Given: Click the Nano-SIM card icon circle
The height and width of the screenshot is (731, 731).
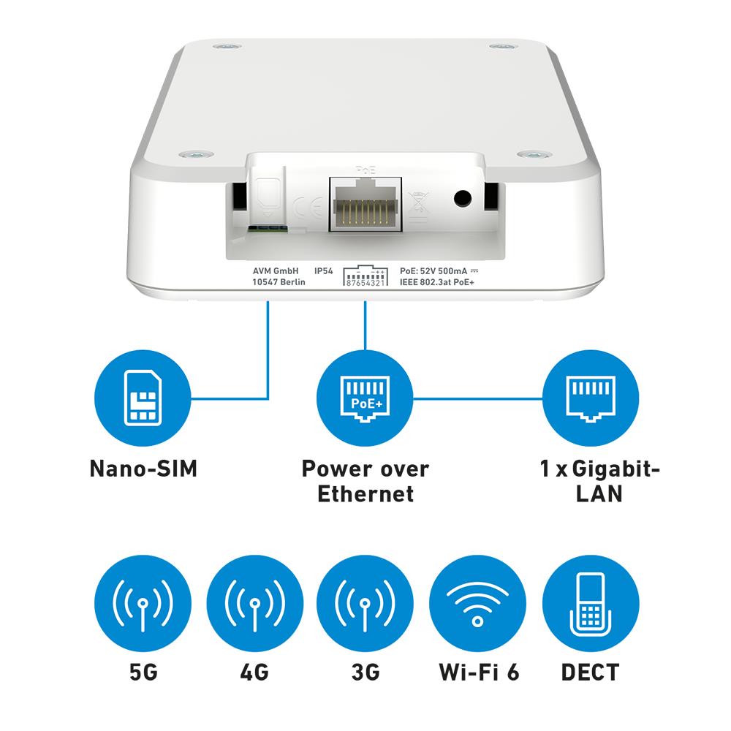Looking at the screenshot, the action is pyautogui.click(x=143, y=398).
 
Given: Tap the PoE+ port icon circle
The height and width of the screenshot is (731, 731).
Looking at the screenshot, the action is pyautogui.click(x=365, y=398).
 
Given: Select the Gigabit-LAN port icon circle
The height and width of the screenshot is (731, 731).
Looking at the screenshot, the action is pyautogui.click(x=590, y=398).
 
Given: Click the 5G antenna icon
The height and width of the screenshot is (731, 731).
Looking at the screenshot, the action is pyautogui.click(x=143, y=603).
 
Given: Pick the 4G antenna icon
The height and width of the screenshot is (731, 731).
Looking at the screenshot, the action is pyautogui.click(x=254, y=603).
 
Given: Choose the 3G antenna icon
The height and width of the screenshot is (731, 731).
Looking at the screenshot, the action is pyautogui.click(x=365, y=603).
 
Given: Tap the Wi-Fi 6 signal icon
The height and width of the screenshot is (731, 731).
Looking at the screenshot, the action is pyautogui.click(x=477, y=603).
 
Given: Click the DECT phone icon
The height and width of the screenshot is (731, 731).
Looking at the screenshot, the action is pyautogui.click(x=590, y=603).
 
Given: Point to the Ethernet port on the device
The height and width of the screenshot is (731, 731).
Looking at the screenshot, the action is pyautogui.click(x=365, y=204).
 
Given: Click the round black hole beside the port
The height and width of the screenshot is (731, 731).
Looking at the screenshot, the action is pyautogui.click(x=463, y=199).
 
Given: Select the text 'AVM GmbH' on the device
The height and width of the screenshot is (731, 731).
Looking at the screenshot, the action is pyautogui.click(x=276, y=271).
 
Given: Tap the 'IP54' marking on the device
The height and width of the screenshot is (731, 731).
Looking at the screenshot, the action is pyautogui.click(x=324, y=271).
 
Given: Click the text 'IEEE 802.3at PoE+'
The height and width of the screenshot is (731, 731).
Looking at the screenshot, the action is pyautogui.click(x=437, y=282).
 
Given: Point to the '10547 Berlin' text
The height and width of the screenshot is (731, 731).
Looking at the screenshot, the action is pyautogui.click(x=279, y=282).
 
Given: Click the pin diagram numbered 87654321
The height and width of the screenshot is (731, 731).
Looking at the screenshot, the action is pyautogui.click(x=365, y=276).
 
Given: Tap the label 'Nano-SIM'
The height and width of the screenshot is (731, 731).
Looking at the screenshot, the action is pyautogui.click(x=143, y=469).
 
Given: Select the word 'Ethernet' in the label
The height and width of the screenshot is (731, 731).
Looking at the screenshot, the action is pyautogui.click(x=365, y=493).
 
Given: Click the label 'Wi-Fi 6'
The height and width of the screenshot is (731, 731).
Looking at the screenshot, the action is pyautogui.click(x=479, y=673).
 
